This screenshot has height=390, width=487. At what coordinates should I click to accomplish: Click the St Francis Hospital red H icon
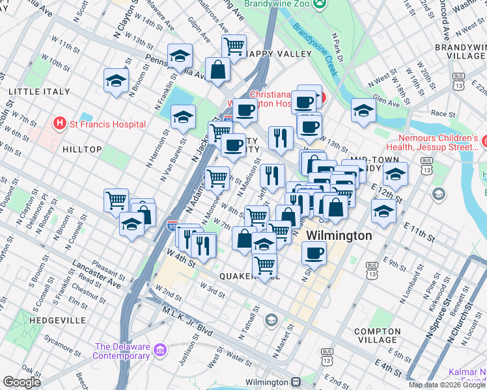60,123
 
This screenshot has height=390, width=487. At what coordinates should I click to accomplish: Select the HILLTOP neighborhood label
82,149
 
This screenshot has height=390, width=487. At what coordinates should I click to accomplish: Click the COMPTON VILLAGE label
377,335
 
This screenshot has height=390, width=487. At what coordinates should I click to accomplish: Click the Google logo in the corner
21,382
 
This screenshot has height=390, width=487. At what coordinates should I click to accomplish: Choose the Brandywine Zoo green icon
319,5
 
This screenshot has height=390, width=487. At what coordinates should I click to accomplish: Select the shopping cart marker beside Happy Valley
233,46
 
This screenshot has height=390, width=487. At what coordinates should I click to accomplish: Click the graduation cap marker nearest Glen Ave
363,110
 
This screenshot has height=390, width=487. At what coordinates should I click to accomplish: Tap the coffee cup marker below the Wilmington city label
314,252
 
